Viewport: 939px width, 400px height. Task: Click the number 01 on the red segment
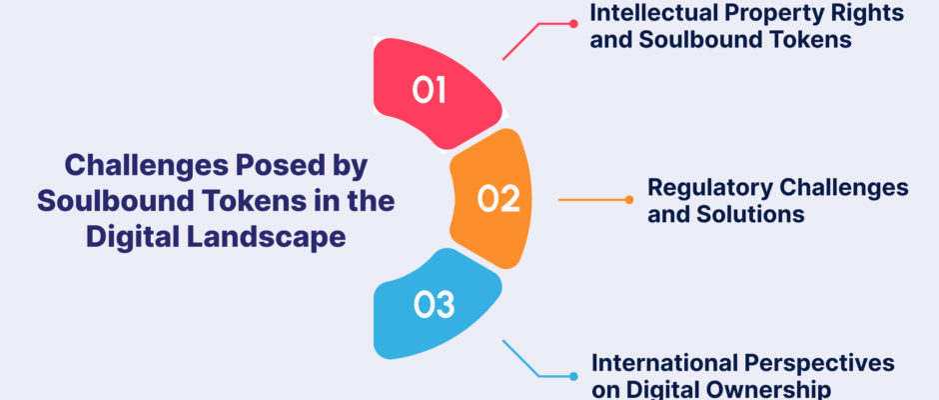[x=430, y=90]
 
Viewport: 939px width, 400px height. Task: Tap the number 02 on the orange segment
[x=498, y=199]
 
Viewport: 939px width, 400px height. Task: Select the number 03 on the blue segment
[x=435, y=305]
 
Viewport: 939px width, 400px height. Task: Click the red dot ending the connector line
[x=573, y=24]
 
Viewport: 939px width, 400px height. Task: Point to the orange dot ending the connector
[x=628, y=200]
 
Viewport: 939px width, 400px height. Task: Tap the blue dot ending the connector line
[x=573, y=377]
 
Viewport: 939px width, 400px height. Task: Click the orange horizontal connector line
[x=591, y=200]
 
